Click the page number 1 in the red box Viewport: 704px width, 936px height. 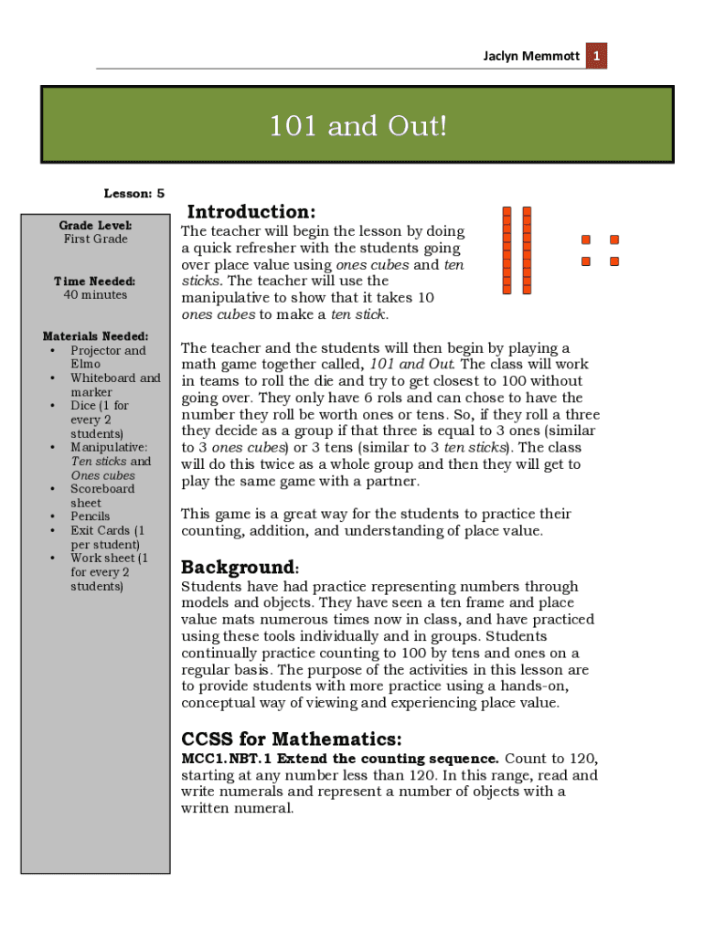pyautogui.click(x=596, y=57)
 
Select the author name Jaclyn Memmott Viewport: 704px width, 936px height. pyautogui.click(x=531, y=57)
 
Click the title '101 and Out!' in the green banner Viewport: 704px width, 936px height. pyautogui.click(x=357, y=126)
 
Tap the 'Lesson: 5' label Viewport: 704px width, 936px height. pyautogui.click(x=133, y=194)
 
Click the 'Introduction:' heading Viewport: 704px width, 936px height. pyautogui.click(x=251, y=212)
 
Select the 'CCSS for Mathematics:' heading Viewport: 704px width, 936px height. pyautogui.click(x=291, y=739)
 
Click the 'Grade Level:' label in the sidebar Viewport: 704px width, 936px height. pyautogui.click(x=95, y=225)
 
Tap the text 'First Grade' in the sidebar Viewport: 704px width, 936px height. pyautogui.click(x=95, y=239)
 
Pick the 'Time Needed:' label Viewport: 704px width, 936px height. pyautogui.click(x=95, y=282)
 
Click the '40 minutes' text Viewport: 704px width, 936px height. pyautogui.click(x=95, y=295)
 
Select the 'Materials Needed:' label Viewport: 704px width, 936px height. pyautogui.click(x=95, y=336)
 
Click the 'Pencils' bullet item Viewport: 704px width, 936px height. pyautogui.click(x=90, y=516)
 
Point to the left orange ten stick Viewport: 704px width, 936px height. pyautogui.click(x=507, y=250)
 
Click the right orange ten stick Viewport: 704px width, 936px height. pyautogui.click(x=527, y=250)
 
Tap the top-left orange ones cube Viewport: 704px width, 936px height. pyautogui.click(x=586, y=240)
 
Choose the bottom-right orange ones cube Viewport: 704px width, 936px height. pyautogui.click(x=614, y=261)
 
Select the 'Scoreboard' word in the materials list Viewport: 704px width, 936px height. pyautogui.click(x=102, y=489)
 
